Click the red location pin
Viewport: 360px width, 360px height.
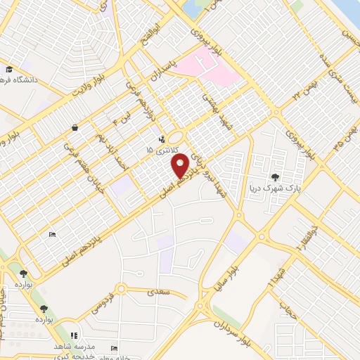point(180,165)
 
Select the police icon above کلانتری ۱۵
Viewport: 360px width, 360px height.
point(163,139)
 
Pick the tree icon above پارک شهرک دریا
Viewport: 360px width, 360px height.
point(275,176)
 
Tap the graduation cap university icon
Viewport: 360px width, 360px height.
point(9,70)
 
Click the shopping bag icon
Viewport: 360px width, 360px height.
point(75,128)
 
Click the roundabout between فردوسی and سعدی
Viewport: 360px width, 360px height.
point(122,288)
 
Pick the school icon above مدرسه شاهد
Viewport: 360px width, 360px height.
point(74,335)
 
